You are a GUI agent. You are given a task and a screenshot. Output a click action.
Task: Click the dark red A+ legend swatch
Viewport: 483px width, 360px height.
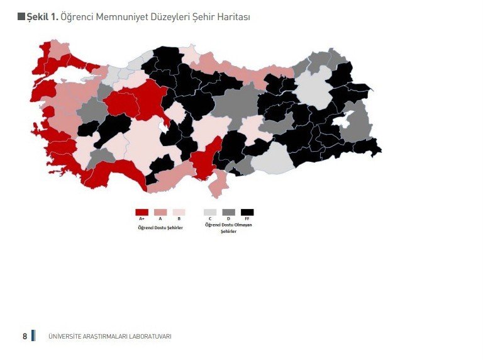tap(142, 212)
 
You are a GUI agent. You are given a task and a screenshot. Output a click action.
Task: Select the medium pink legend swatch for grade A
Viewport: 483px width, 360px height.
tap(160, 212)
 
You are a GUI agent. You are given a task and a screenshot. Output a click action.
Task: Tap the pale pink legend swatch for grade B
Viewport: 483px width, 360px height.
tap(179, 212)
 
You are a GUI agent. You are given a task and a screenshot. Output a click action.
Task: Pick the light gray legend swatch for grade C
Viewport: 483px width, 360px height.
tap(210, 212)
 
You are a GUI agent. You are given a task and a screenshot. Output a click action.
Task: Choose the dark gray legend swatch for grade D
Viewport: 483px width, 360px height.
tap(228, 212)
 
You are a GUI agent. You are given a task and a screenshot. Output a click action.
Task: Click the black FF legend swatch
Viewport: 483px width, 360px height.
tap(247, 212)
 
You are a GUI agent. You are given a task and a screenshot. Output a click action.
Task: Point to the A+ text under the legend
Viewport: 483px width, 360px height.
tap(142, 219)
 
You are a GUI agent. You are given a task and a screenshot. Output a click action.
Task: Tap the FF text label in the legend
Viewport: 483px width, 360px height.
tap(247, 219)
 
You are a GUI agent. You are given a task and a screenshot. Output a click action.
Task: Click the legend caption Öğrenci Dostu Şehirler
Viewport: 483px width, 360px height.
tap(160, 227)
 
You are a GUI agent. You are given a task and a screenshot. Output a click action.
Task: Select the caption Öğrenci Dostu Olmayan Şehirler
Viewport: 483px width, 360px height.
tap(228, 227)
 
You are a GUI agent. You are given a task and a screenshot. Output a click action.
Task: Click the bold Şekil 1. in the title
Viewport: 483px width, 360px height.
tap(42, 17)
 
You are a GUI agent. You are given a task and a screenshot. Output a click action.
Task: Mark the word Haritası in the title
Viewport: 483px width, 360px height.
tap(232, 17)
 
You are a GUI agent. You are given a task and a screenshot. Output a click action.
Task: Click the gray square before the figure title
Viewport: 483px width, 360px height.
tap(21, 16)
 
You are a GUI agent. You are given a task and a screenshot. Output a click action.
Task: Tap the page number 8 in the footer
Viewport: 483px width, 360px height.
tap(25, 337)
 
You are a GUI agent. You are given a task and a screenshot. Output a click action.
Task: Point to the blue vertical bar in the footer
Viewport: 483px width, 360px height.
tap(33, 335)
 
